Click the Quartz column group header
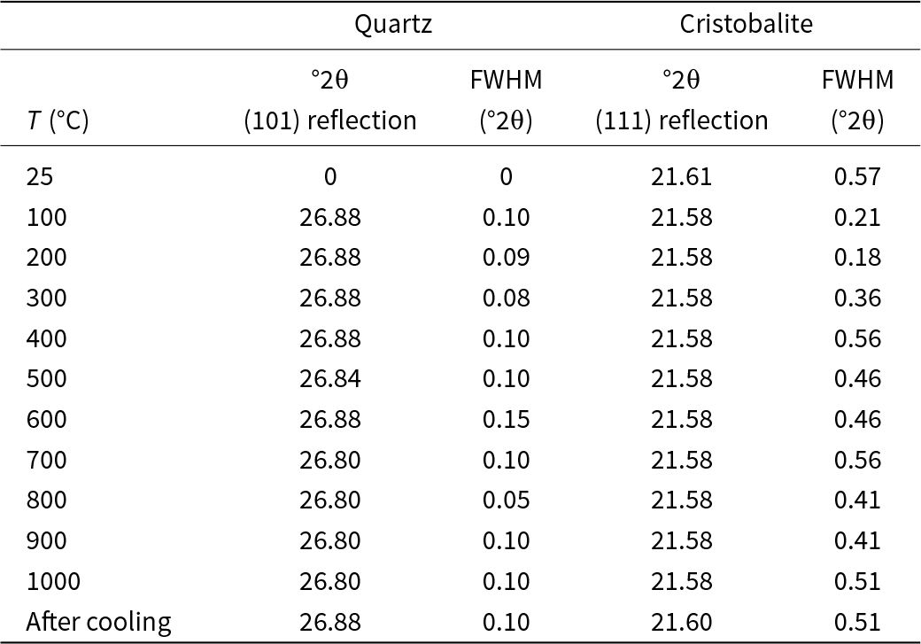tap(393, 25)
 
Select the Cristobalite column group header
tap(746, 25)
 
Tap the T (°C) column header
tap(58, 120)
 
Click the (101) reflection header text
tap(330, 120)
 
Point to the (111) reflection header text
tap(681, 120)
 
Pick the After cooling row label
tap(98, 622)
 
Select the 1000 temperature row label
tap(53, 581)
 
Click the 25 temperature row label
tap(40, 176)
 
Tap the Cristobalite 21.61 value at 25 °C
tap(681, 176)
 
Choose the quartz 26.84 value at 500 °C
tap(330, 379)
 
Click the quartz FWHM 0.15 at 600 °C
tap(506, 420)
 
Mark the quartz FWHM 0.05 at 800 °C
tap(506, 500)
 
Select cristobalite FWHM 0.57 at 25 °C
tap(857, 176)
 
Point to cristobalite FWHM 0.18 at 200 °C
tap(857, 258)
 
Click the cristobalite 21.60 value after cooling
tap(681, 622)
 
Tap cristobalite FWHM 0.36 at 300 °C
tap(857, 299)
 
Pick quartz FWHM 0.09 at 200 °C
tap(506, 258)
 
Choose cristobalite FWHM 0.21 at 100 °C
tap(857, 217)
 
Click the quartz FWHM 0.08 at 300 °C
tap(506, 299)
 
